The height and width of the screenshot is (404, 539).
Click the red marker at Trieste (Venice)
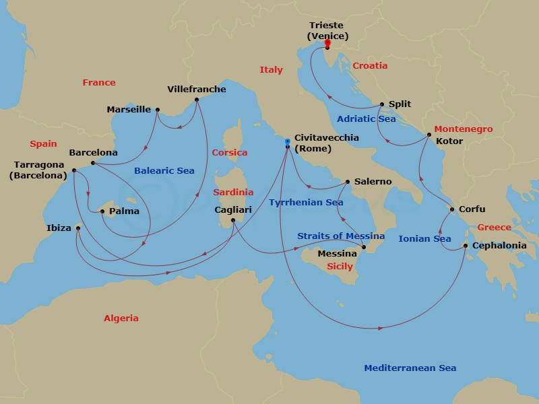327,42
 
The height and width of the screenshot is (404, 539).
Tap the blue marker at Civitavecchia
288,141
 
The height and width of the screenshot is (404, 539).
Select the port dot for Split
382,104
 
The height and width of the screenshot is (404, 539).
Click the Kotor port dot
429,135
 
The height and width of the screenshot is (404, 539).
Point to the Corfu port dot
452,209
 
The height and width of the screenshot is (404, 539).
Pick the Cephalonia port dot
466,246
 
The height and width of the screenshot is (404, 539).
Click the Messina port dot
364,248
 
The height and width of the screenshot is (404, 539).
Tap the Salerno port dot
347,182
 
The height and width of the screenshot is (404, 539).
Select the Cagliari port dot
233,220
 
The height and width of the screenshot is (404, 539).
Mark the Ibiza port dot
78,228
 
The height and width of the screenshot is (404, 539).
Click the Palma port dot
102,211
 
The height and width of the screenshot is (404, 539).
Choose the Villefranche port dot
197,100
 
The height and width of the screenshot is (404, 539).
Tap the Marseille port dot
158,110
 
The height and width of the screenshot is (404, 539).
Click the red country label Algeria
121,318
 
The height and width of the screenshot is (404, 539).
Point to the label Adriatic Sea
366,119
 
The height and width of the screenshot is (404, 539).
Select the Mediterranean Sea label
410,368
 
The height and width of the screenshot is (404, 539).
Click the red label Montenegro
464,129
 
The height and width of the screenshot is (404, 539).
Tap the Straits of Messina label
341,236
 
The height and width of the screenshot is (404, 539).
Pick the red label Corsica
230,153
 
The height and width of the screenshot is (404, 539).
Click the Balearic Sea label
164,171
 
